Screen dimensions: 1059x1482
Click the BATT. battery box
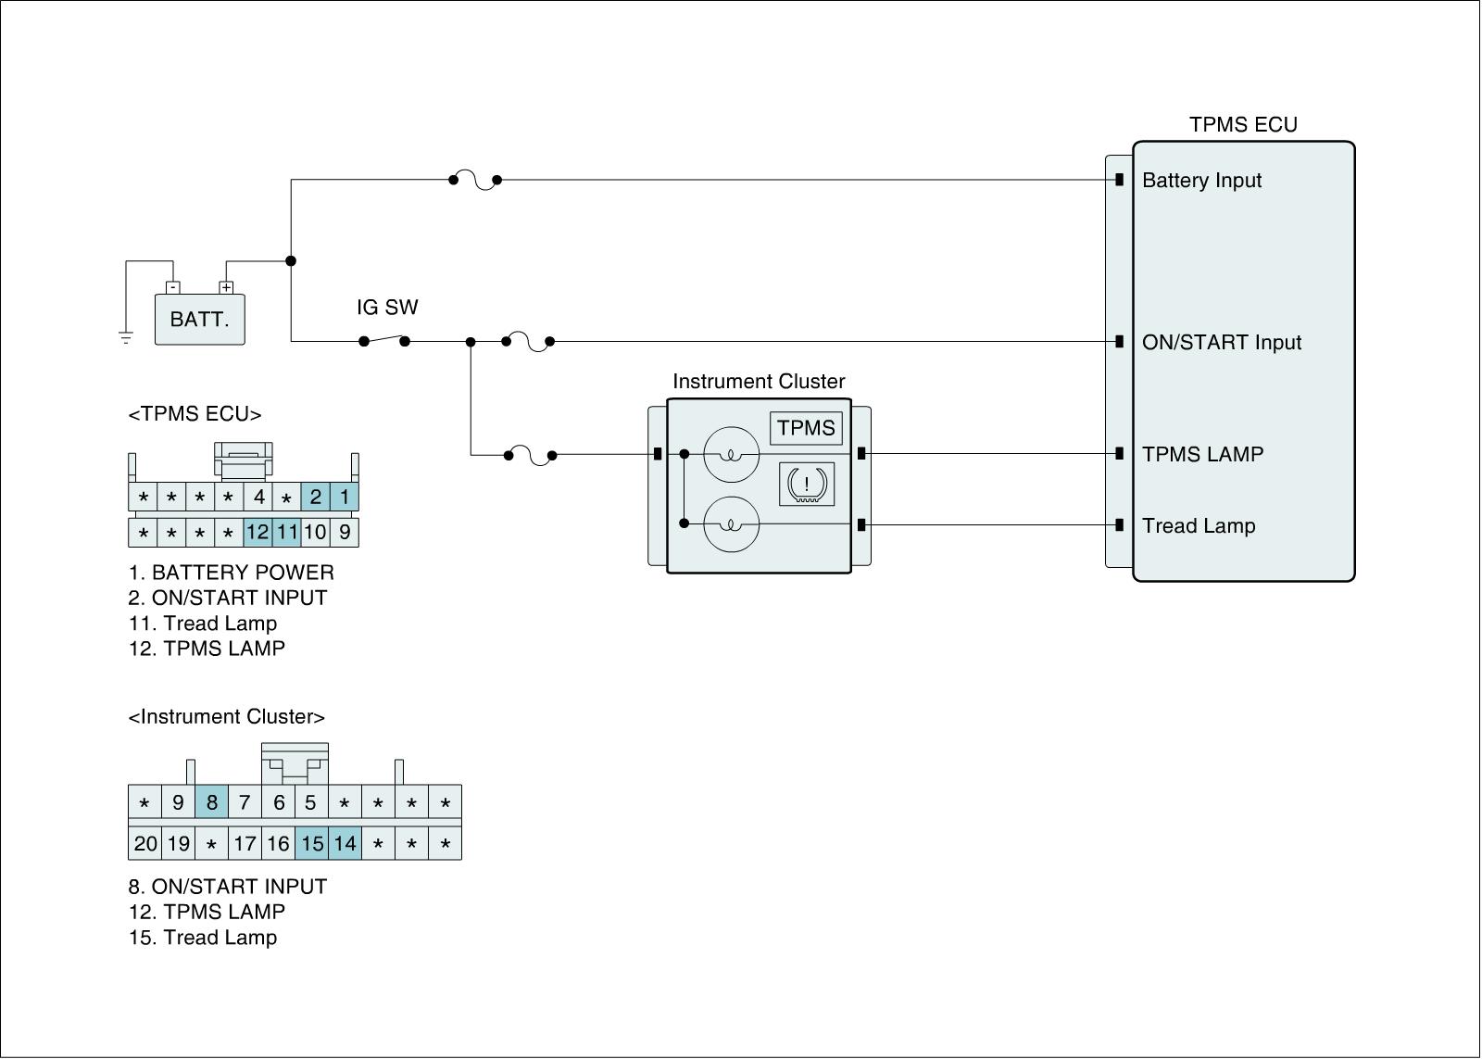199,320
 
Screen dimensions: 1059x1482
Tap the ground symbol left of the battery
126,336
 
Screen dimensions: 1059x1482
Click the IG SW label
387,308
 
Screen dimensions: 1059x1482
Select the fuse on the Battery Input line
475,180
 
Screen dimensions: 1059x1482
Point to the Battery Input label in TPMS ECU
1201,181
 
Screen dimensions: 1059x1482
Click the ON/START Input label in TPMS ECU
1221,343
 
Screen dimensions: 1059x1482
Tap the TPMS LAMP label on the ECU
1202,454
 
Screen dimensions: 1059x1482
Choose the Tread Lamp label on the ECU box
1199,526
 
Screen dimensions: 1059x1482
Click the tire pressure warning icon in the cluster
807,484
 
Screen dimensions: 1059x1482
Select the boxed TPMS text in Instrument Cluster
806,428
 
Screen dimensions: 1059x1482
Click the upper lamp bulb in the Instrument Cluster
731,455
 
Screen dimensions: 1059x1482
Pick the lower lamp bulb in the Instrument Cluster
731,524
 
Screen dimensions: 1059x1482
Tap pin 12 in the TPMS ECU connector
257,533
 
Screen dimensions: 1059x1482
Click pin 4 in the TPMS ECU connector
259,498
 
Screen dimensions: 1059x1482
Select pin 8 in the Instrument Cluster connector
211,802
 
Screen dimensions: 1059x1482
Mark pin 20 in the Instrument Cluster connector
145,844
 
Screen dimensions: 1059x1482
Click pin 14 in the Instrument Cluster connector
345,844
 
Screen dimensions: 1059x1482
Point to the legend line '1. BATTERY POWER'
231,573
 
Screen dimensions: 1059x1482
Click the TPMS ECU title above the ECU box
1243,125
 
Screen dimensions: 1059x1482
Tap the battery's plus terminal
226,287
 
